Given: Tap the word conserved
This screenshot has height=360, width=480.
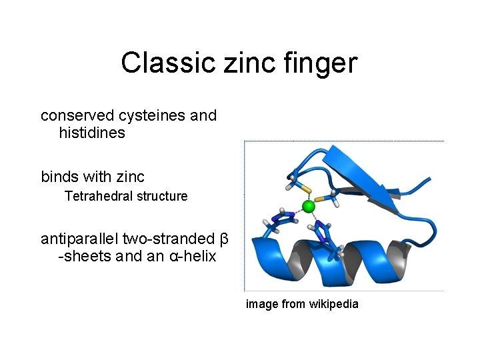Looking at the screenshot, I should (x=73, y=115).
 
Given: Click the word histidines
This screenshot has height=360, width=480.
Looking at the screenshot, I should (x=92, y=133).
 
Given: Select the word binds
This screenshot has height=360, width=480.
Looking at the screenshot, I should (x=59, y=177).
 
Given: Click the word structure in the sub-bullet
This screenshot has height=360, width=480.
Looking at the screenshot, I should (x=162, y=197).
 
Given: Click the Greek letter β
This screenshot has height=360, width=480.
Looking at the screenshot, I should (x=224, y=239).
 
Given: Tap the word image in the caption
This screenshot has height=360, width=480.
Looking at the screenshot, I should (x=262, y=304).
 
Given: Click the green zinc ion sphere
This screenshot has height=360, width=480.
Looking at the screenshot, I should (x=308, y=207).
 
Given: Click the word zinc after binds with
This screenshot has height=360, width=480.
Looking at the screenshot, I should (x=131, y=177).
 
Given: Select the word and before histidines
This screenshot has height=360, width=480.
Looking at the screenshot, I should (x=203, y=115).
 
